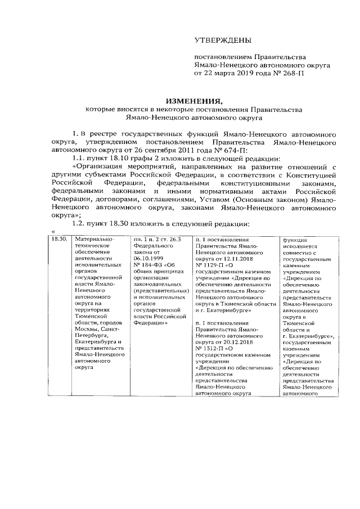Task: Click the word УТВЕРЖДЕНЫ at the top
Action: pyautogui.click(x=220, y=40)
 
